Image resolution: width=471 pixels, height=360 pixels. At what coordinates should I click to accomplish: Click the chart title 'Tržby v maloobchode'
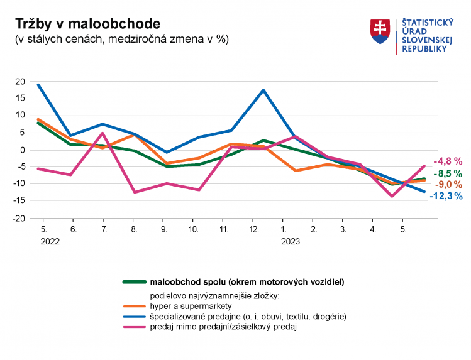pyautogui.click(x=87, y=23)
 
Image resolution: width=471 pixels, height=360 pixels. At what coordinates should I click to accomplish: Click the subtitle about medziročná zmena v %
pyautogui.click(x=121, y=39)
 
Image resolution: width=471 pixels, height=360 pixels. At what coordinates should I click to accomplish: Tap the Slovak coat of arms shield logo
pyautogui.click(x=380, y=31)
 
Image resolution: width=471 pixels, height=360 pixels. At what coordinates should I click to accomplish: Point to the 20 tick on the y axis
pyautogui.click(x=19, y=82)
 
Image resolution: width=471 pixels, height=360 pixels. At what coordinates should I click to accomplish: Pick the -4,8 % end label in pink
pyautogui.click(x=447, y=161)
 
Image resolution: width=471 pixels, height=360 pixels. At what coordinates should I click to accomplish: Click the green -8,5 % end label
pyautogui.click(x=447, y=173)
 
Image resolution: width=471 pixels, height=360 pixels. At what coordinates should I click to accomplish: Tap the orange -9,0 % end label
pyautogui.click(x=447, y=185)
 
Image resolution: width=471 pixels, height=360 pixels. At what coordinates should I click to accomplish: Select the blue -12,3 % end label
pyautogui.click(x=446, y=196)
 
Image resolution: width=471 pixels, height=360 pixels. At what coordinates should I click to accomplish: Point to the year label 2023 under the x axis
pyautogui.click(x=290, y=241)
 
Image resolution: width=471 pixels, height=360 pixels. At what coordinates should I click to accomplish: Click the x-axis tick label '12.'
pyautogui.click(x=254, y=230)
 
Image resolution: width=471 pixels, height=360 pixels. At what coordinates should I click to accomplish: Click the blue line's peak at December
pyautogui.click(x=263, y=90)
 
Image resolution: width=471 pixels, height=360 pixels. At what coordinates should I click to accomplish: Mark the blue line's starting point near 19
pyautogui.click(x=38, y=85)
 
